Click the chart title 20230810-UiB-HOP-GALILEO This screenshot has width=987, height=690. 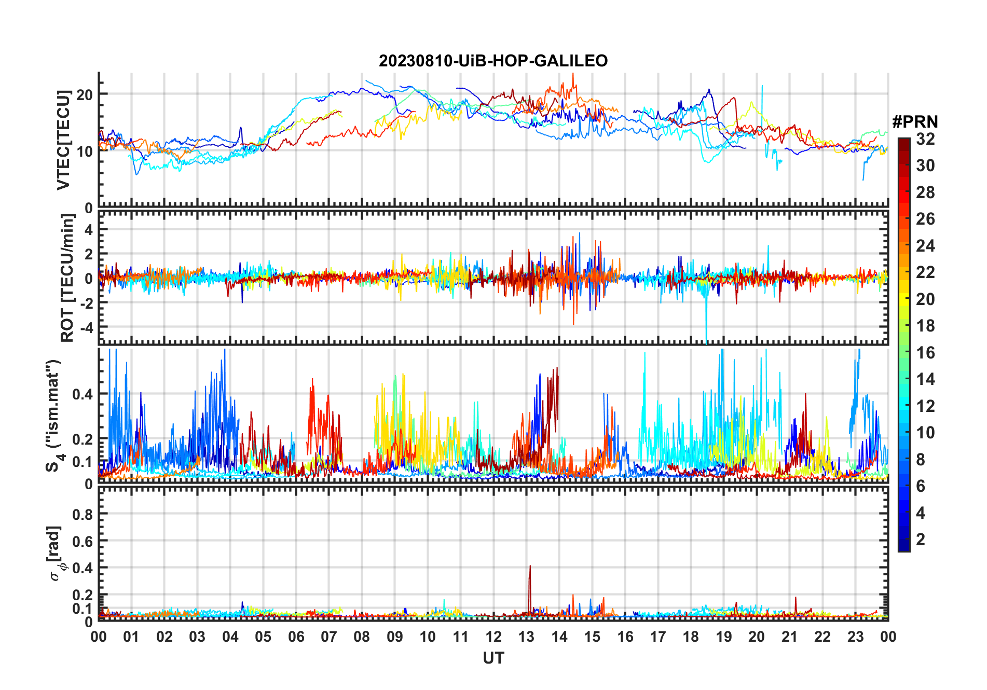pyautogui.click(x=493, y=61)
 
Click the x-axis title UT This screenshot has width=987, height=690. pyautogui.click(x=493, y=658)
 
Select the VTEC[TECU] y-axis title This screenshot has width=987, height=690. pyautogui.click(x=63, y=140)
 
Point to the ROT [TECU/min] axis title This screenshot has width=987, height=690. pyautogui.click(x=67, y=278)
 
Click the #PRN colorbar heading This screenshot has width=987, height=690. pyautogui.click(x=915, y=122)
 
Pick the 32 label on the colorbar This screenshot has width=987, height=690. pyautogui.click(x=925, y=139)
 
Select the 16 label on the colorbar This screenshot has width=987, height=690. pyautogui.click(x=925, y=353)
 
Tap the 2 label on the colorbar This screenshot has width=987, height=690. pyautogui.click(x=921, y=540)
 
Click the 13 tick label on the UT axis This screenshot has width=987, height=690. pyautogui.click(x=526, y=637)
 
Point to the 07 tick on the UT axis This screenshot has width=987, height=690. pyautogui.click(x=329, y=637)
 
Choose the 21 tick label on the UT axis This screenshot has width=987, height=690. pyautogui.click(x=789, y=637)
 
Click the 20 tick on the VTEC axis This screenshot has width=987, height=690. pyautogui.click(x=85, y=94)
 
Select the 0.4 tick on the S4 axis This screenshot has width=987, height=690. pyautogui.click(x=83, y=394)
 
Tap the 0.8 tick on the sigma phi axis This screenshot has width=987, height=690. pyautogui.click(x=83, y=514)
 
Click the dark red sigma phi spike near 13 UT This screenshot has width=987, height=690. pyautogui.click(x=530, y=568)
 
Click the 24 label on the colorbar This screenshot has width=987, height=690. pyautogui.click(x=925, y=246)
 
